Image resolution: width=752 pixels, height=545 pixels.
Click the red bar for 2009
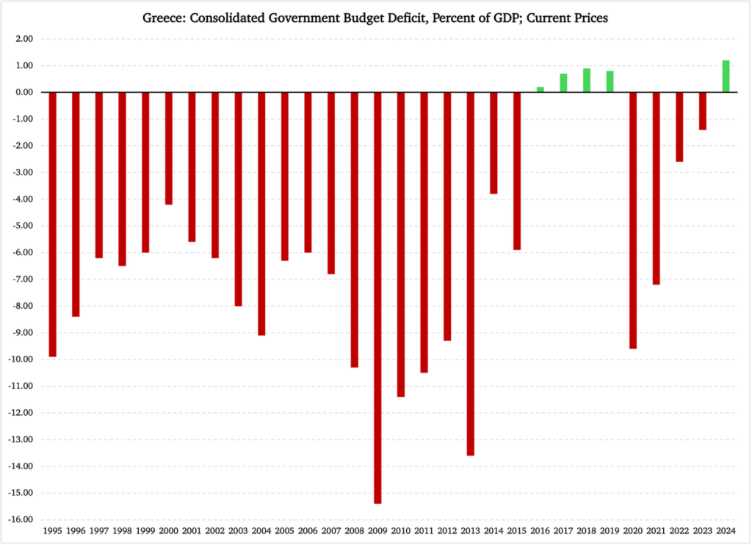point(377,297)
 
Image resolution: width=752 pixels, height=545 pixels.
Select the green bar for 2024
point(726,76)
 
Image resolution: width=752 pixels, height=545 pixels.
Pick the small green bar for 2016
point(540,89)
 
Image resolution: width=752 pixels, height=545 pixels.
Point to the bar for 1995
point(52,224)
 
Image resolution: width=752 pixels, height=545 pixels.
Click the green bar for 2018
point(586,80)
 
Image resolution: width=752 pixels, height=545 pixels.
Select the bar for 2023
point(703,111)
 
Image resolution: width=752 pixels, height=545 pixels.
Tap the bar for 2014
point(493,143)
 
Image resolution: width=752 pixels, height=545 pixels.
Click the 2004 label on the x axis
point(261,530)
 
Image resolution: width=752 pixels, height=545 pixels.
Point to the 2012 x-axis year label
point(447,530)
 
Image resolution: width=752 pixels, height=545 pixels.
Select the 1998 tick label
point(122,530)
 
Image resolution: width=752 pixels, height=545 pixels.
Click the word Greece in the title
point(164,18)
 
